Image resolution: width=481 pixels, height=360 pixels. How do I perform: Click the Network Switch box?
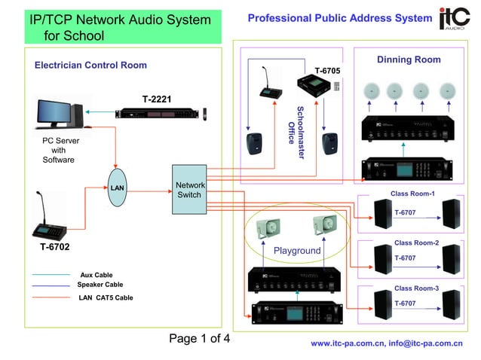tap(188, 190)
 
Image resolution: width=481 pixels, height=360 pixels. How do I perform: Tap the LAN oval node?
tap(116, 186)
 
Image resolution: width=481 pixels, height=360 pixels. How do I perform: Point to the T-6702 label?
tap(56, 246)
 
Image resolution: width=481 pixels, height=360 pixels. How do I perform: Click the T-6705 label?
tap(327, 71)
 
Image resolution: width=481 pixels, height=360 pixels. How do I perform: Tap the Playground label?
tap(296, 250)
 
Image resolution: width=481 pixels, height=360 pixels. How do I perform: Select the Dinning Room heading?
tap(409, 59)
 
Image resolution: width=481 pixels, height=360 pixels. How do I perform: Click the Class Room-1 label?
tap(412, 194)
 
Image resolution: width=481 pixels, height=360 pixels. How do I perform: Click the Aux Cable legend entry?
tap(96, 275)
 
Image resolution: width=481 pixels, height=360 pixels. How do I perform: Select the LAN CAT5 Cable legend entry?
tap(106, 298)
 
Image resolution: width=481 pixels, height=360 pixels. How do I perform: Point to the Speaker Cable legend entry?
tap(100, 285)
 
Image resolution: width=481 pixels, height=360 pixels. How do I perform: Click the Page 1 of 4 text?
tap(199, 338)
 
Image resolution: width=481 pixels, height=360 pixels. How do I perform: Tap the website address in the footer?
tap(386, 343)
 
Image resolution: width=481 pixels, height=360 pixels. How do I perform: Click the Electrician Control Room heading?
tap(90, 66)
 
